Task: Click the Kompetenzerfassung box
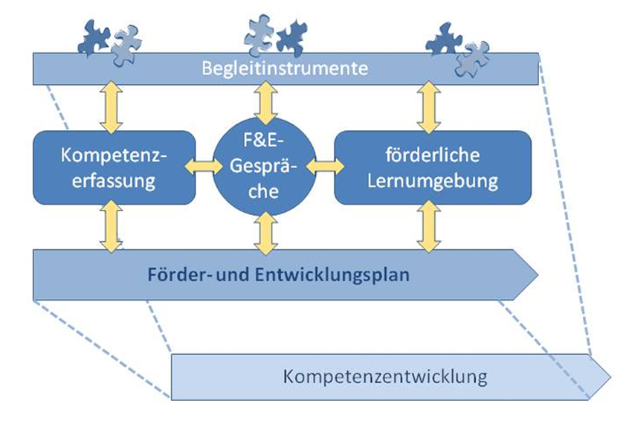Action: (115, 167)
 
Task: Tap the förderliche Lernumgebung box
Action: (433, 167)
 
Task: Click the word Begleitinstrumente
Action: (286, 69)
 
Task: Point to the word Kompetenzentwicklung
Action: (385, 376)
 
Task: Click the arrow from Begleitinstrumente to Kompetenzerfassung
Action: (114, 107)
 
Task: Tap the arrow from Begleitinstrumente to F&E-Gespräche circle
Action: (265, 103)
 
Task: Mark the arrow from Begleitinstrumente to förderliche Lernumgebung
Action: (428, 107)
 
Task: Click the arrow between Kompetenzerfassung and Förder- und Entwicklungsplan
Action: (114, 227)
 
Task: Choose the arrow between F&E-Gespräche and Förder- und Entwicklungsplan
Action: (265, 233)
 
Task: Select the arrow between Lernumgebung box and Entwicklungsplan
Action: (428, 227)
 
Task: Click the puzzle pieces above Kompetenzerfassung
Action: (109, 37)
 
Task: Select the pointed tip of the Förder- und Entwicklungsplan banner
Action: (533, 275)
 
